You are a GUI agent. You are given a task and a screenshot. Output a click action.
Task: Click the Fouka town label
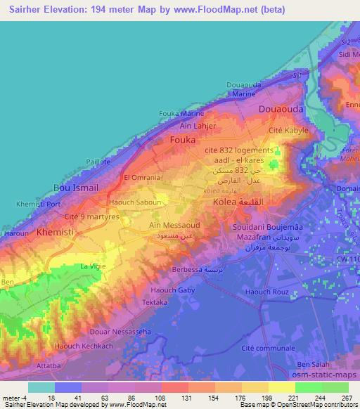point(183,140)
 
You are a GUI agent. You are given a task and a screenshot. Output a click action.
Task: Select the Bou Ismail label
point(76,188)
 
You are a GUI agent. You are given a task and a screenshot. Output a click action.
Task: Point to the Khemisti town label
point(55,231)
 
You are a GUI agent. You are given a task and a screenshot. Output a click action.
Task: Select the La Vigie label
point(92,266)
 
